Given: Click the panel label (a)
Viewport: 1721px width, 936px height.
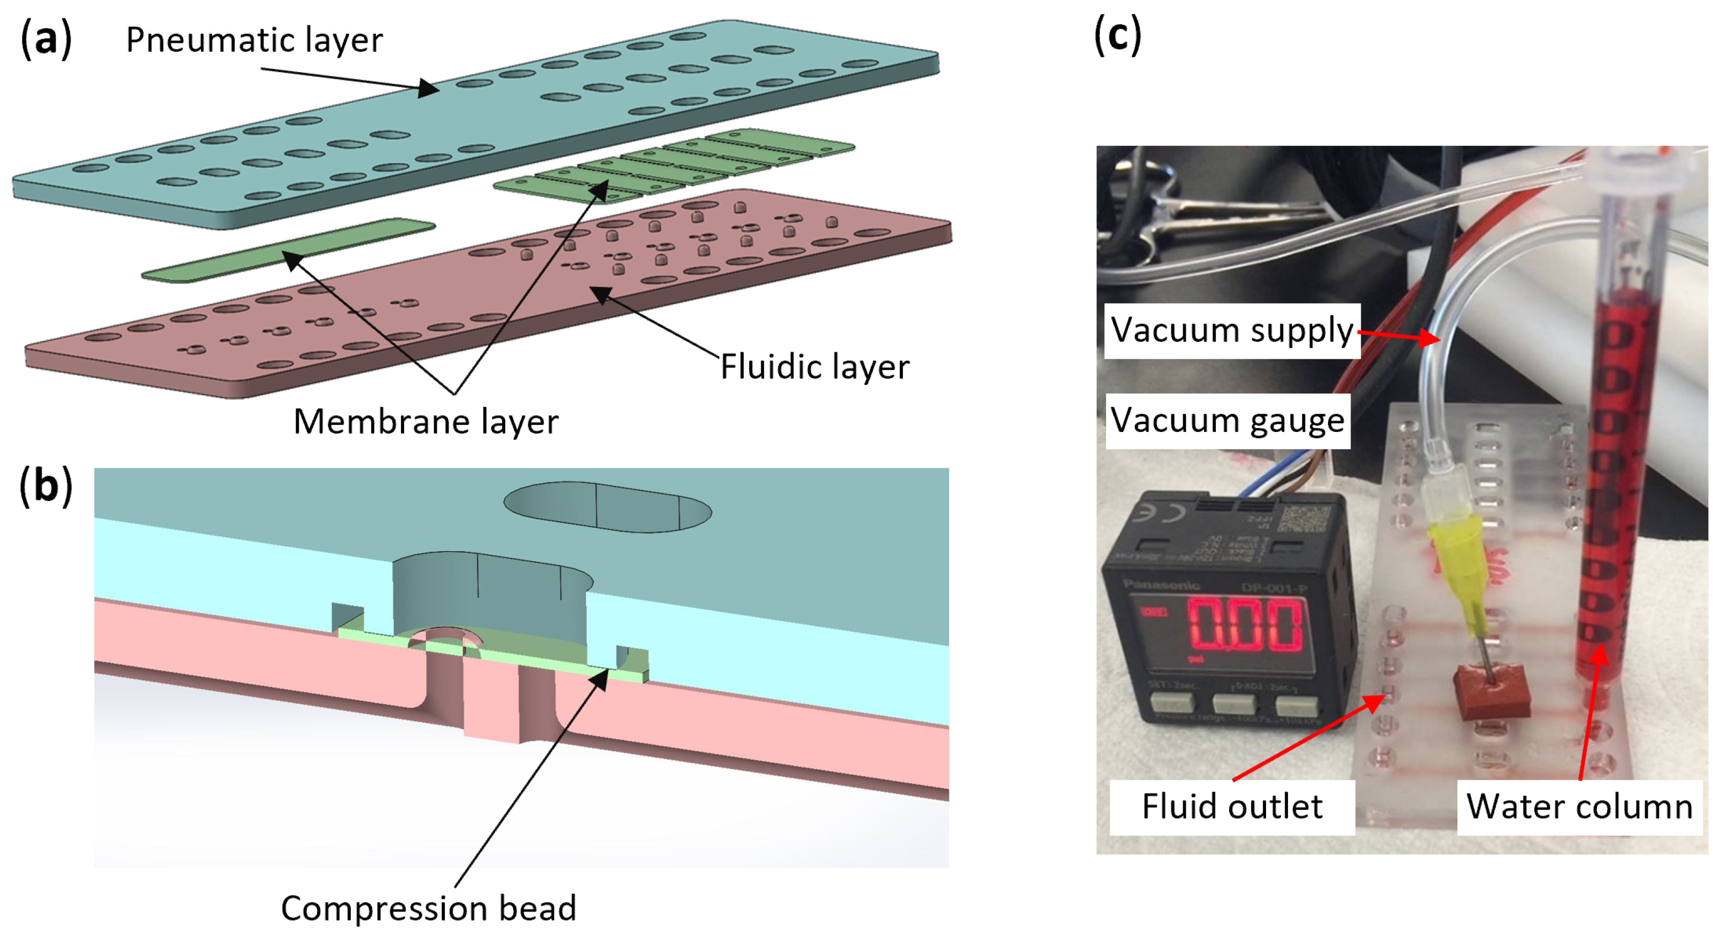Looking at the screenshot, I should click(x=45, y=38).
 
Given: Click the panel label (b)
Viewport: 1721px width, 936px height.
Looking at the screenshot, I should click(x=45, y=486).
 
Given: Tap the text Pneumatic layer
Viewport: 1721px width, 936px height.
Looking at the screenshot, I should click(x=254, y=40).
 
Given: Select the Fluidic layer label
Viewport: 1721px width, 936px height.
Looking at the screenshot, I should click(x=814, y=367).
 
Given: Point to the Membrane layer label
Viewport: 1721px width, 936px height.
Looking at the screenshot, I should click(x=426, y=422).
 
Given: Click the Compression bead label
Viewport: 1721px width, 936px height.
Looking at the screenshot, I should click(x=428, y=909).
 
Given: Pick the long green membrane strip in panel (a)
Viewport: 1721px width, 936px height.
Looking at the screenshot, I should click(x=287, y=251).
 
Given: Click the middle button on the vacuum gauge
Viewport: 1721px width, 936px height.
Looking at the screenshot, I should click(x=1233, y=703).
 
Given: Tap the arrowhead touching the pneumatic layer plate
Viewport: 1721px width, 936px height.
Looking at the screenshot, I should click(x=428, y=88).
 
